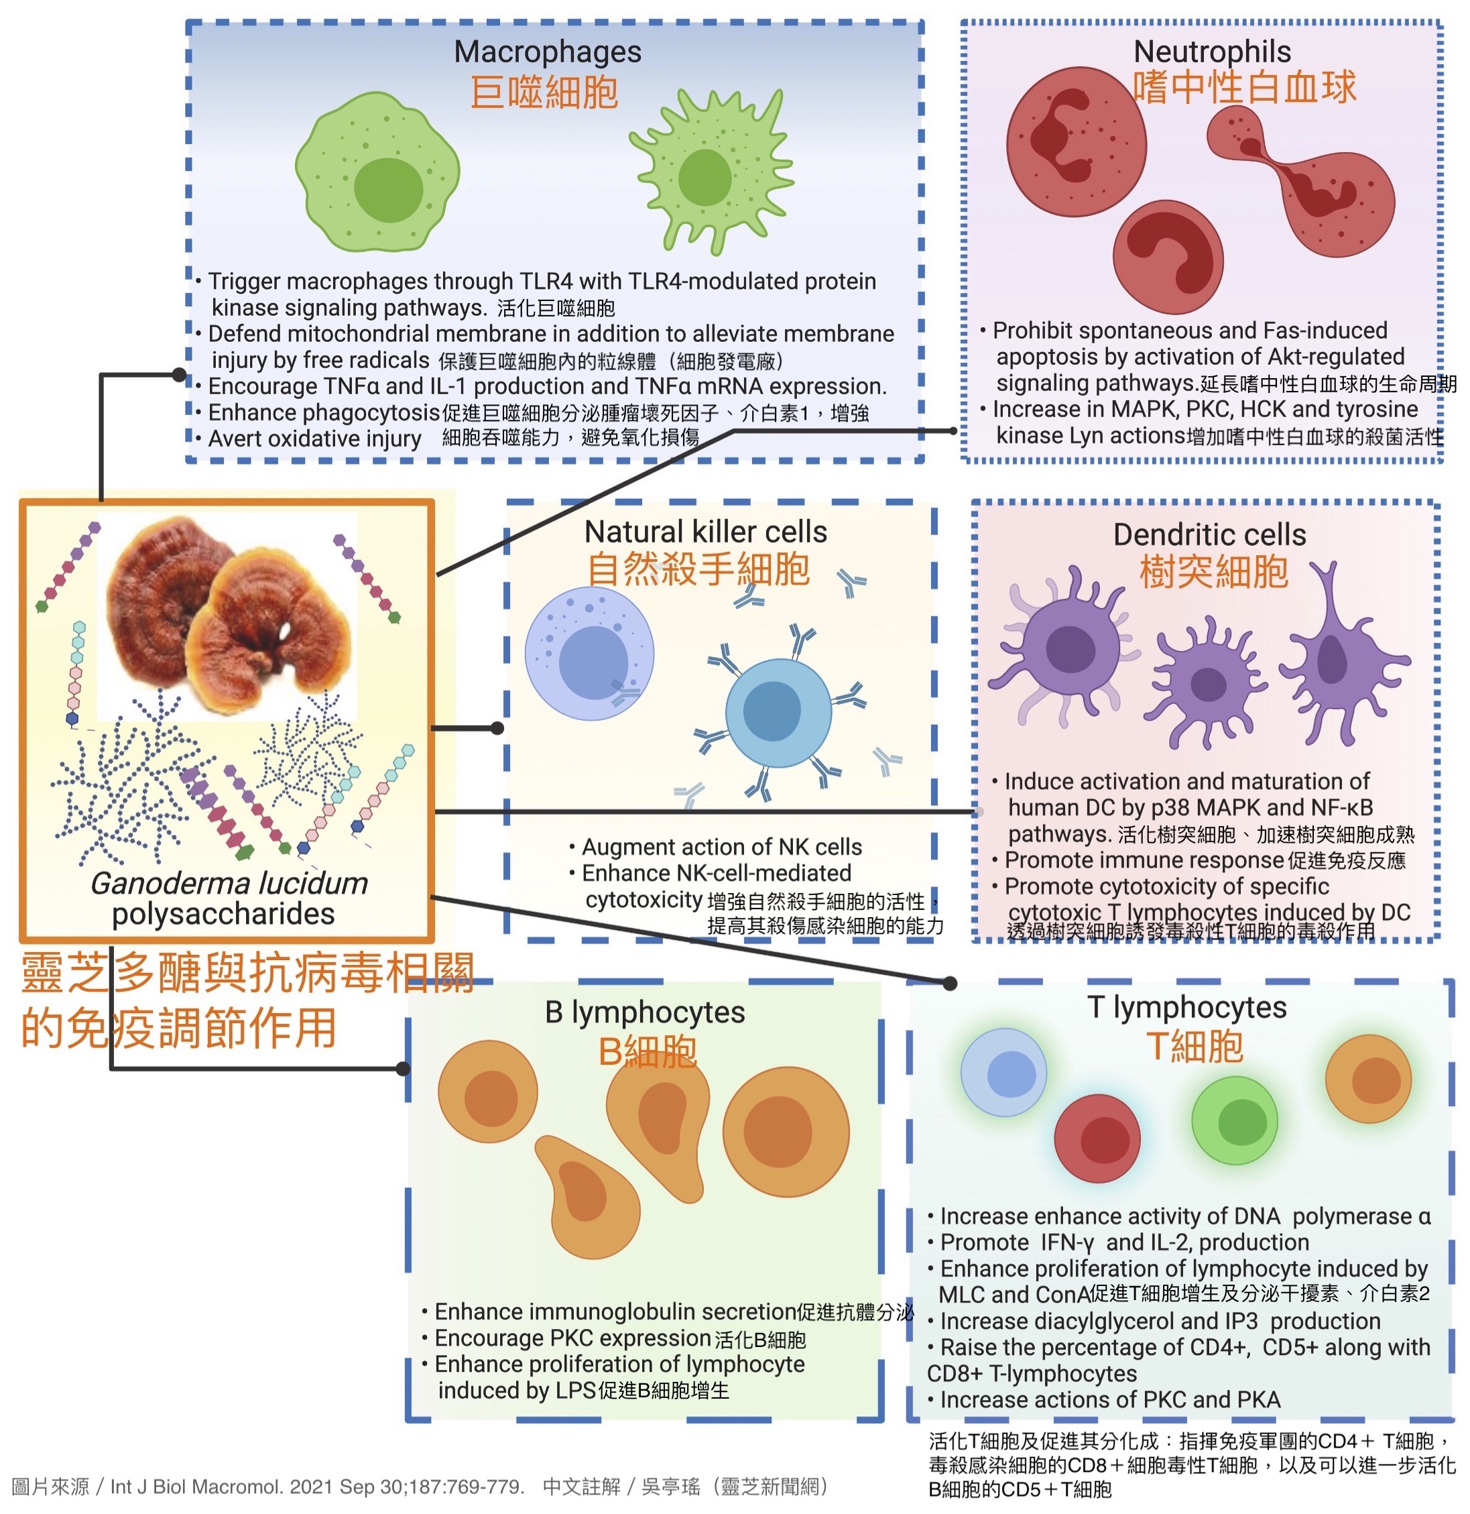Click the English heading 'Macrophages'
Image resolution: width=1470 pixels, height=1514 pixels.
(x=548, y=52)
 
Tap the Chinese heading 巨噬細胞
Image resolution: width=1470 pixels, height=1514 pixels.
(x=544, y=93)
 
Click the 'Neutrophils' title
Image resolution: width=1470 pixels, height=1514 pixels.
(x=1212, y=51)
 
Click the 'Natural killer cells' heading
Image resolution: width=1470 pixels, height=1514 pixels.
(x=706, y=532)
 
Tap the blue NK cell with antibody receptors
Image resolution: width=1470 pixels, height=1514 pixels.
(x=779, y=712)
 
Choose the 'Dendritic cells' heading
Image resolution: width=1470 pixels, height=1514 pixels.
(x=1209, y=534)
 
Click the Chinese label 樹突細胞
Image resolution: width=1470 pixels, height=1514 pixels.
(x=1214, y=573)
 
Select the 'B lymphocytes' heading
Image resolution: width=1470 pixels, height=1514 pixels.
(x=645, y=1012)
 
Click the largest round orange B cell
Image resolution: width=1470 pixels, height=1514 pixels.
(x=786, y=1133)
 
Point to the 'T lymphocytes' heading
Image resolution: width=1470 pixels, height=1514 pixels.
(x=1186, y=1007)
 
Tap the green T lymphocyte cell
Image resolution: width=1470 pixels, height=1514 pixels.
(x=1234, y=1121)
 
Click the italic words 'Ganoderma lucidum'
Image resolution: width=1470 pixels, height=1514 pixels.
(x=229, y=884)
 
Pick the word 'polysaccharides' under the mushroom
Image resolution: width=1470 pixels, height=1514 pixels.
(x=223, y=915)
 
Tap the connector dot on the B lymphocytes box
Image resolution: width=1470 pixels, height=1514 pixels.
(x=402, y=1069)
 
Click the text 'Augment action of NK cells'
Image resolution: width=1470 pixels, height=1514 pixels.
(x=721, y=848)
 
